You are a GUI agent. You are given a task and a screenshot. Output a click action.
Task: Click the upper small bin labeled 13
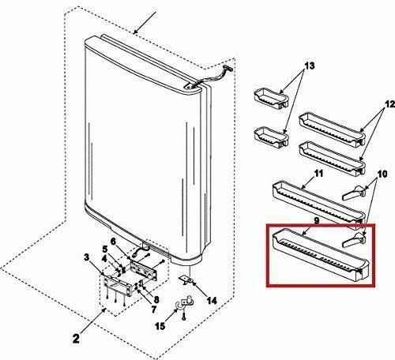coord(269,98)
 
